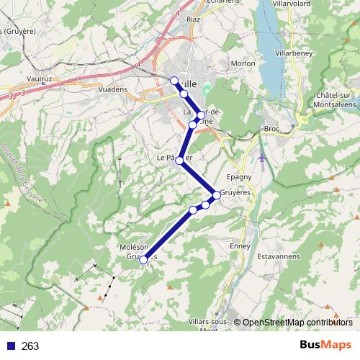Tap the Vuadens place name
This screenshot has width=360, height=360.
[112, 89]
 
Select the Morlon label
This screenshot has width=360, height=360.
[243, 63]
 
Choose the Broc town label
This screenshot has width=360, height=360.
[271, 129]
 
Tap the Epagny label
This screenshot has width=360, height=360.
[238, 176]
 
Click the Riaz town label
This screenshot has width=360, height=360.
[193, 19]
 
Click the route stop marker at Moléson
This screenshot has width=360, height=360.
[144, 259]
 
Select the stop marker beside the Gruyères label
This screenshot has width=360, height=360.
[216, 194]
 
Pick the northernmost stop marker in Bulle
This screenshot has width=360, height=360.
[174, 80]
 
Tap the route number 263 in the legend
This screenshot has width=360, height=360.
[30, 346]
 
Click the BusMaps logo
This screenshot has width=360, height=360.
[325, 346]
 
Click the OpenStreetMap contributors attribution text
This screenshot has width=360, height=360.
[297, 323]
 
